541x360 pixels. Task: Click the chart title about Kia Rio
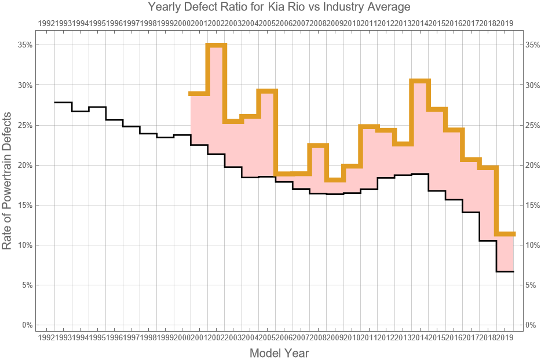pos(279,8)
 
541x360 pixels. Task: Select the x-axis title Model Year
pos(279,353)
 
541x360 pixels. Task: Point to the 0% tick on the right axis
pos(532,325)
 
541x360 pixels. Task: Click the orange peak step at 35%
pos(216,45)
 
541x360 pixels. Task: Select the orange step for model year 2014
pos(420,80)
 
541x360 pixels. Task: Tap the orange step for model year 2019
pos(505,234)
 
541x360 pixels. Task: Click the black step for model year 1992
pos(63,102)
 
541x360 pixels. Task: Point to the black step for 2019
pos(505,271)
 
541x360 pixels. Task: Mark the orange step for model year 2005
pos(267,91)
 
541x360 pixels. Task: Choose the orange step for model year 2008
pos(318,145)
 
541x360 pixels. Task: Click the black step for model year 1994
pos(97,107)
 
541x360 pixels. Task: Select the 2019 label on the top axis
pos(505,23)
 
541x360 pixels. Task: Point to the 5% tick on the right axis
pos(532,285)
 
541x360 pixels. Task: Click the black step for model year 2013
pos(403,175)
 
